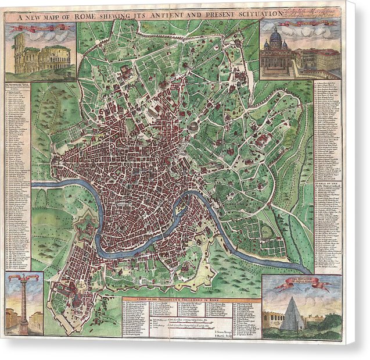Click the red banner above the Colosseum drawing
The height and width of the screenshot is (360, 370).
coord(41,28)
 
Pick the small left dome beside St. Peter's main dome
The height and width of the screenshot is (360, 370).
coord(266,44)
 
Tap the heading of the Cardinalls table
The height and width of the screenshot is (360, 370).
coord(328,185)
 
